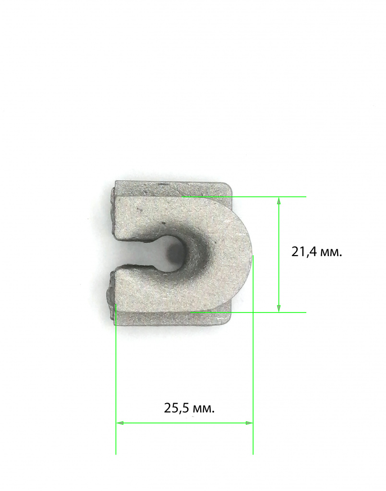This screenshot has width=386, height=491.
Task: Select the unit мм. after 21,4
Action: (330, 253)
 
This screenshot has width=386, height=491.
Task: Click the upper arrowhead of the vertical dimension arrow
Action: (279, 200)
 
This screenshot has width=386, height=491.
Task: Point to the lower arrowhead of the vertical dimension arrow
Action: (279, 308)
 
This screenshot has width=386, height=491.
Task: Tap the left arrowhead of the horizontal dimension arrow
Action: (120, 423)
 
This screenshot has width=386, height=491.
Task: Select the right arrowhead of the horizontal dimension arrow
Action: (249, 423)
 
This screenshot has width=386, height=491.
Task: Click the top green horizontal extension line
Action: (243, 197)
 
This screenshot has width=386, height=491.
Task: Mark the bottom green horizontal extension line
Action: (248, 312)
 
